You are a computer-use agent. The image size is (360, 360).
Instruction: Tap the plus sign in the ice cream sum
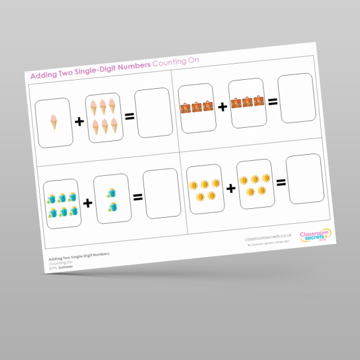tap(79, 122)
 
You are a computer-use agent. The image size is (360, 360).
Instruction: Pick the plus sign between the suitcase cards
tap(223, 106)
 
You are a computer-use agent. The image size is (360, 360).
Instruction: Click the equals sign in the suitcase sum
tap(273, 101)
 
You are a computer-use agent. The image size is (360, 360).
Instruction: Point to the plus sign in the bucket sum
tap(88, 203)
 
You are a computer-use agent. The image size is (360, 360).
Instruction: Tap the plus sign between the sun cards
tap(231, 188)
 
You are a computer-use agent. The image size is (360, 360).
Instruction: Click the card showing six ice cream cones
tap(104, 116)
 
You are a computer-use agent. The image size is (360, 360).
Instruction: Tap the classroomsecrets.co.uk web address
tap(268, 237)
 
